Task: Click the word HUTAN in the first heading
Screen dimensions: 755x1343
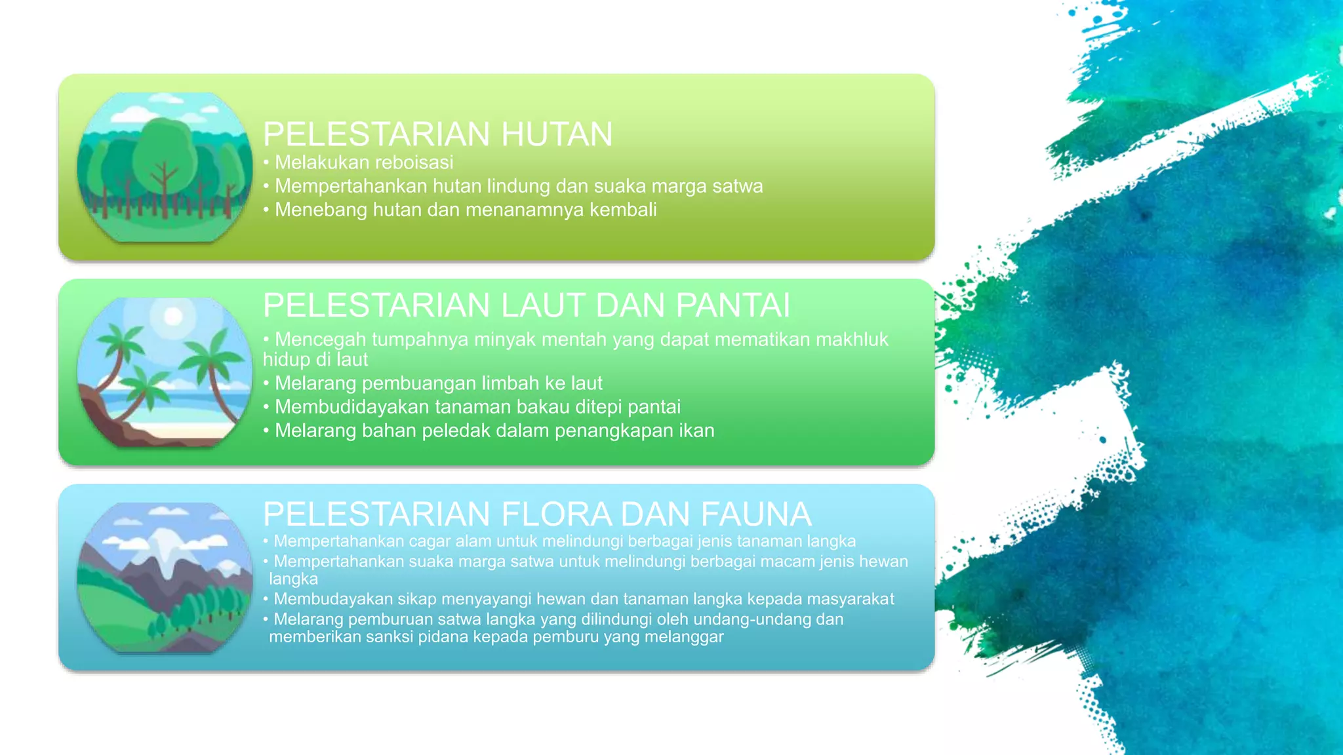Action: click(557, 134)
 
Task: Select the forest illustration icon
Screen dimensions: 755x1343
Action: click(165, 168)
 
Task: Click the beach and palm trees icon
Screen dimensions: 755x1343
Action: click(165, 372)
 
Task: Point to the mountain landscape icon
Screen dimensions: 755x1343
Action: click(165, 577)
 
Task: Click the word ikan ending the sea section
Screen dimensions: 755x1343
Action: click(697, 431)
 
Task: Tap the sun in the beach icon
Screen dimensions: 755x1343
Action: click(173, 317)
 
